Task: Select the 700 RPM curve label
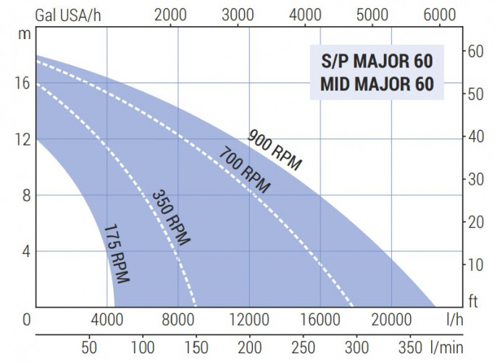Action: pos(244,170)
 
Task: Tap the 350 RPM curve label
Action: pos(171,218)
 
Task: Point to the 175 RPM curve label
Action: pos(116,253)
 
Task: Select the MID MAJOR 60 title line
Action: pos(377,84)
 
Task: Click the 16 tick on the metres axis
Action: pos(22,83)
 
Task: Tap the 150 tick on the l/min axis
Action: pos(196,346)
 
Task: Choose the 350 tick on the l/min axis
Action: pos(409,346)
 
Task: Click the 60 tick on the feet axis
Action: pos(475,51)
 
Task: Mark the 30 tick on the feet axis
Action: pos(475,180)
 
